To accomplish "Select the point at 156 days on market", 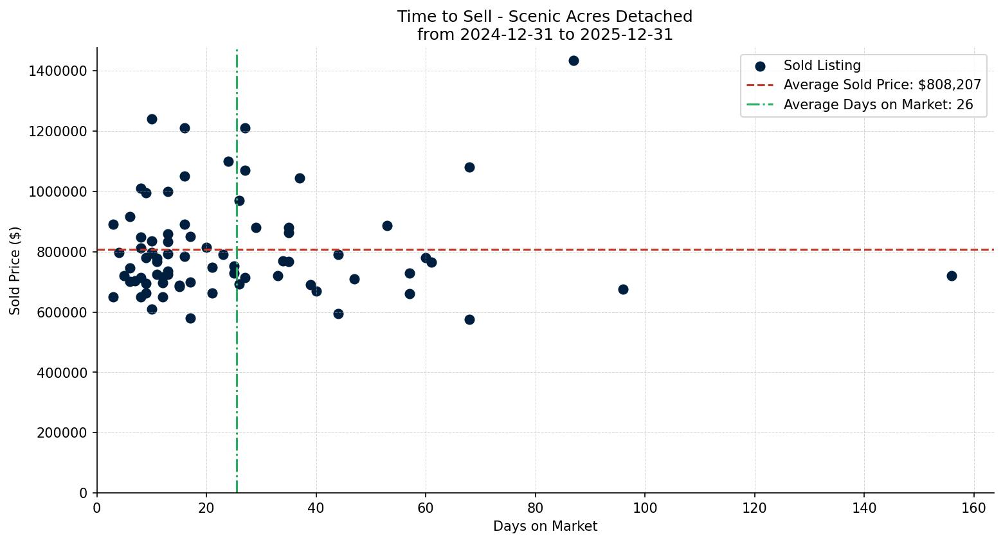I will pyautogui.click(x=952, y=276).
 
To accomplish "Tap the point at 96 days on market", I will pyautogui.click(x=623, y=289).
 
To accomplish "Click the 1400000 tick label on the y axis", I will pyautogui.click(x=58, y=71).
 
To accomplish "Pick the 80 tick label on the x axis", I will pyautogui.click(x=535, y=508).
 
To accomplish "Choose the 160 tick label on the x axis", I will pyautogui.click(x=973, y=508).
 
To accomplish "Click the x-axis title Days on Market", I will pyautogui.click(x=545, y=526).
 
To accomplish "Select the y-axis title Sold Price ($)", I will pyautogui.click(x=15, y=271).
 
